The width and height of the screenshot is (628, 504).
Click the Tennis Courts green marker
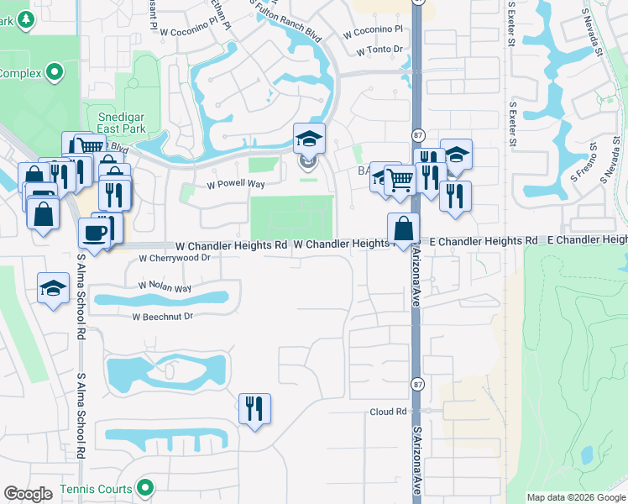[145, 487]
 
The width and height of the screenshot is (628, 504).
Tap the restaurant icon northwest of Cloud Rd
[254, 409]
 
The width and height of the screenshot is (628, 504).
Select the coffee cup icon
[94, 233]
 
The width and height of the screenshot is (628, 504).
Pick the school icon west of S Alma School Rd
[53, 287]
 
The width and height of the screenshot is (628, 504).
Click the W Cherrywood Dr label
[174, 258]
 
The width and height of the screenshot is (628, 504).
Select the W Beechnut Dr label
[163, 317]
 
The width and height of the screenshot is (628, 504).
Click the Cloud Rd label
[388, 412]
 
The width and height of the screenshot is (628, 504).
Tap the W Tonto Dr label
[379, 50]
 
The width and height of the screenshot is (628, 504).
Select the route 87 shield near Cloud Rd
[417, 384]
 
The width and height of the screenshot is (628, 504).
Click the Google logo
[28, 494]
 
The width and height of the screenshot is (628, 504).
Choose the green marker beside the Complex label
[55, 73]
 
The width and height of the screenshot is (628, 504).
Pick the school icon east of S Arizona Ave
[456, 155]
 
